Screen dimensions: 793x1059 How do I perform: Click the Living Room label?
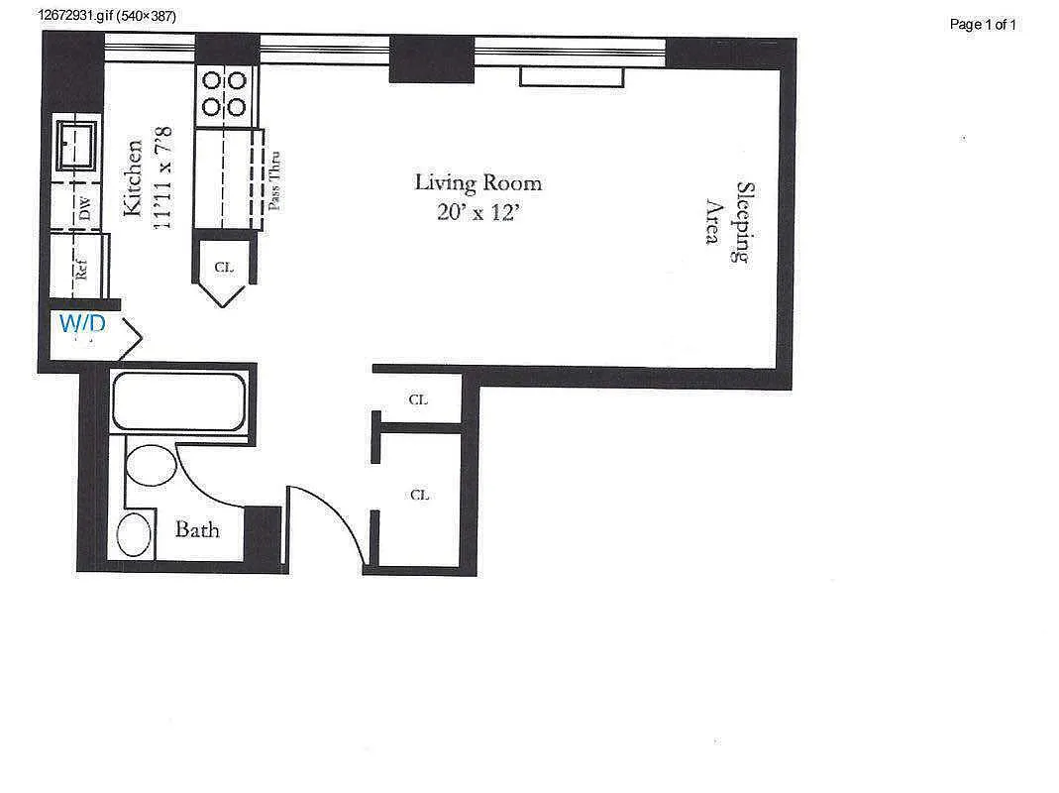tap(477, 183)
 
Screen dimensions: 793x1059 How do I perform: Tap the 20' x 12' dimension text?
tap(477, 212)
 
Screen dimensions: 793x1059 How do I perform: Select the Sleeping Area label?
tap(727, 222)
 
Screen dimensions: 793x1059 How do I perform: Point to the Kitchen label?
tap(134, 178)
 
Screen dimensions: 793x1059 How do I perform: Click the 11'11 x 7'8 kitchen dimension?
tap(163, 178)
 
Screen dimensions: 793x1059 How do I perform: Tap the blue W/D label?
tap(83, 323)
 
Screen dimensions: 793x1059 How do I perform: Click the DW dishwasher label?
tap(84, 209)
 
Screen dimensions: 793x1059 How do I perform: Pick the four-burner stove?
tap(225, 93)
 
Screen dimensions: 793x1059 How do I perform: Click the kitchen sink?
tap(76, 145)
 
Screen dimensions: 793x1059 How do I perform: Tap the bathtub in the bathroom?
tap(178, 401)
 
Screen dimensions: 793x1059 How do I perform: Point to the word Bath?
tap(197, 529)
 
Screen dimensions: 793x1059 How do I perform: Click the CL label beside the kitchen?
tap(223, 267)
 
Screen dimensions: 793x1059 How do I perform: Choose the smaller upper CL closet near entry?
tap(418, 400)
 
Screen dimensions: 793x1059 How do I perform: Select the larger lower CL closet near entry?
tap(419, 495)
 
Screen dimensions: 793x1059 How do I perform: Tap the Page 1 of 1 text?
tap(983, 25)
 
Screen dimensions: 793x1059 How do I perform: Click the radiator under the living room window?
tap(572, 76)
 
